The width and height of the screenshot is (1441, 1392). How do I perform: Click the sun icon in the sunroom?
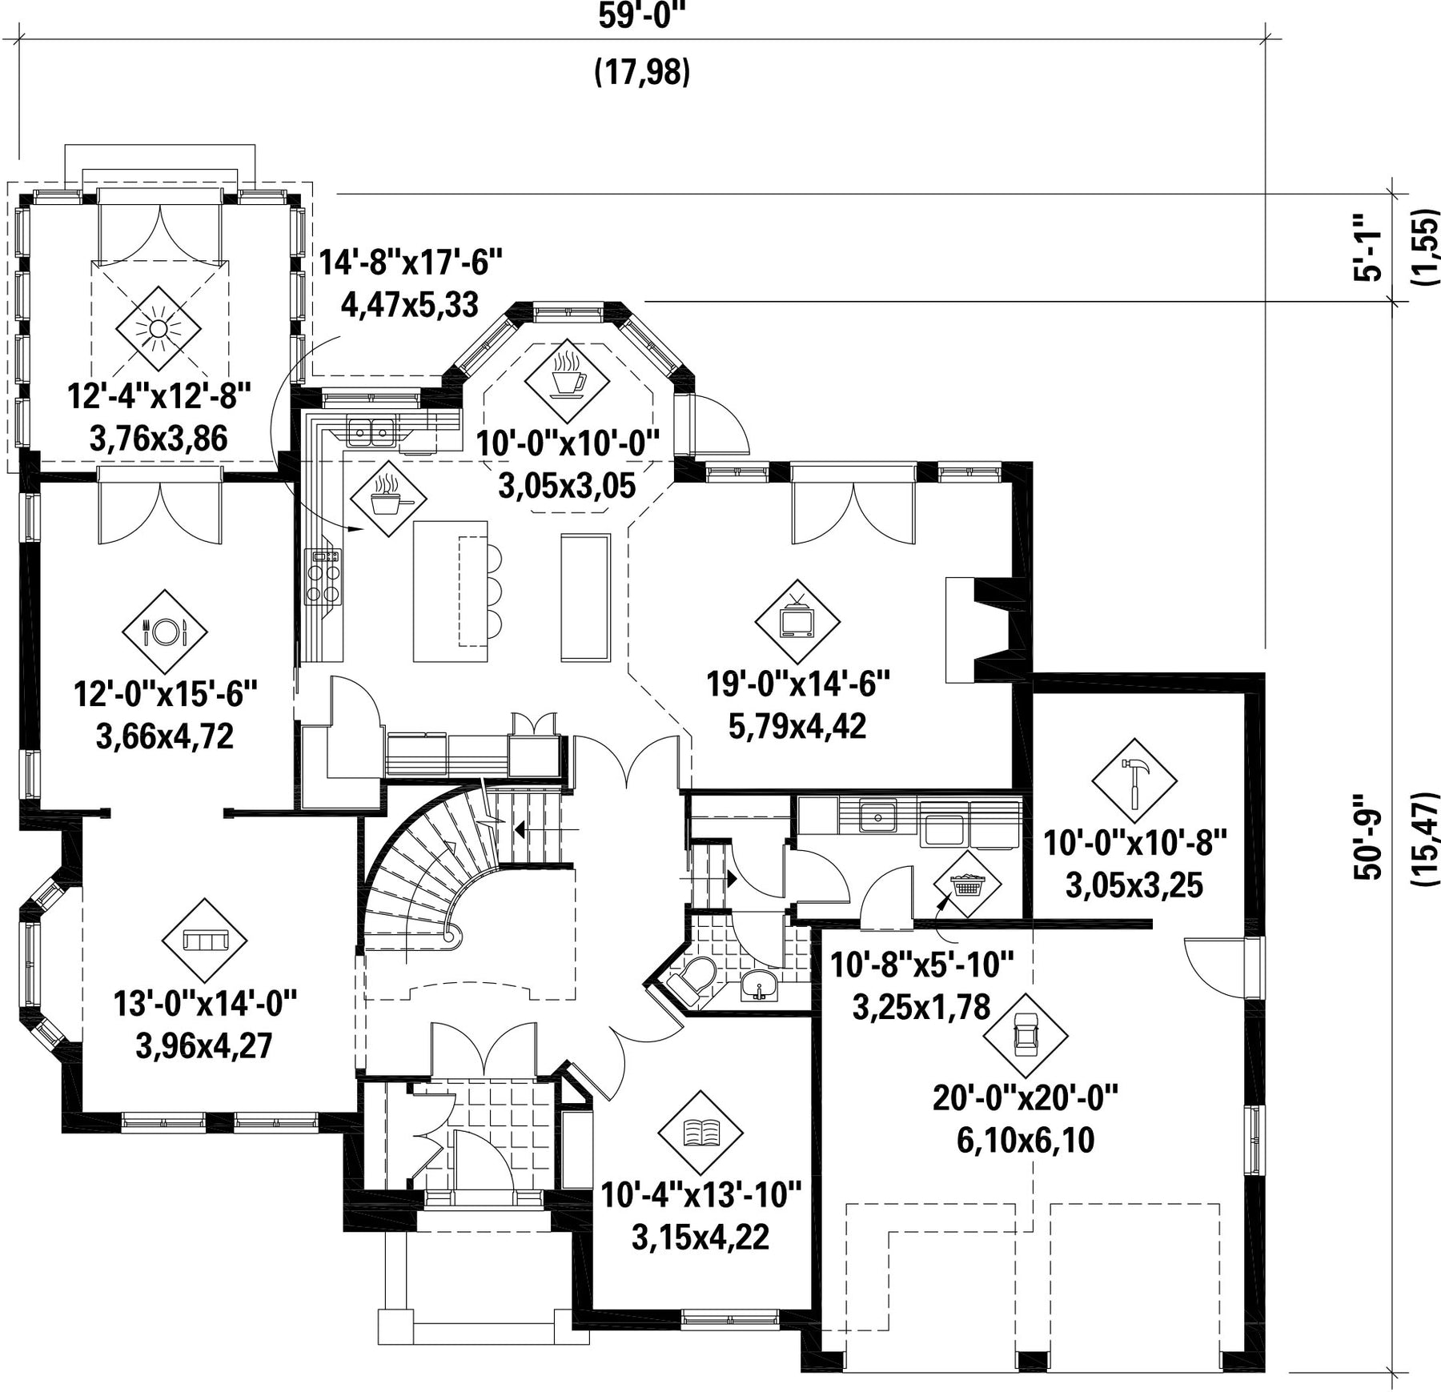[158, 328]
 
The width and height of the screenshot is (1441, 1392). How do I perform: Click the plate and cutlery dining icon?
[164, 632]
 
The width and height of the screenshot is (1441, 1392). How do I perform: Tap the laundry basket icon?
[968, 884]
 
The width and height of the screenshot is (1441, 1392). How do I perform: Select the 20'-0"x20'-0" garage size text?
[1026, 1097]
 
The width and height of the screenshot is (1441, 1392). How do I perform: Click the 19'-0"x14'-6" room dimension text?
[798, 684]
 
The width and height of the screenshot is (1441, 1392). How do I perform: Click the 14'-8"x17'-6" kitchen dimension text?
[411, 262]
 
